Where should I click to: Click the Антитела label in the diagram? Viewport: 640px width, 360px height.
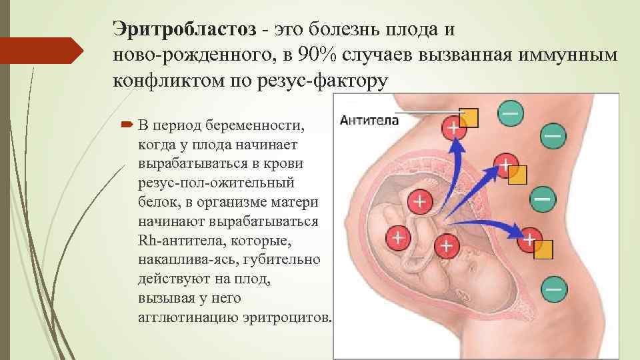coord(369,121)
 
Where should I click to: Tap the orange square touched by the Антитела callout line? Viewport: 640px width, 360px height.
coord(470,117)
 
